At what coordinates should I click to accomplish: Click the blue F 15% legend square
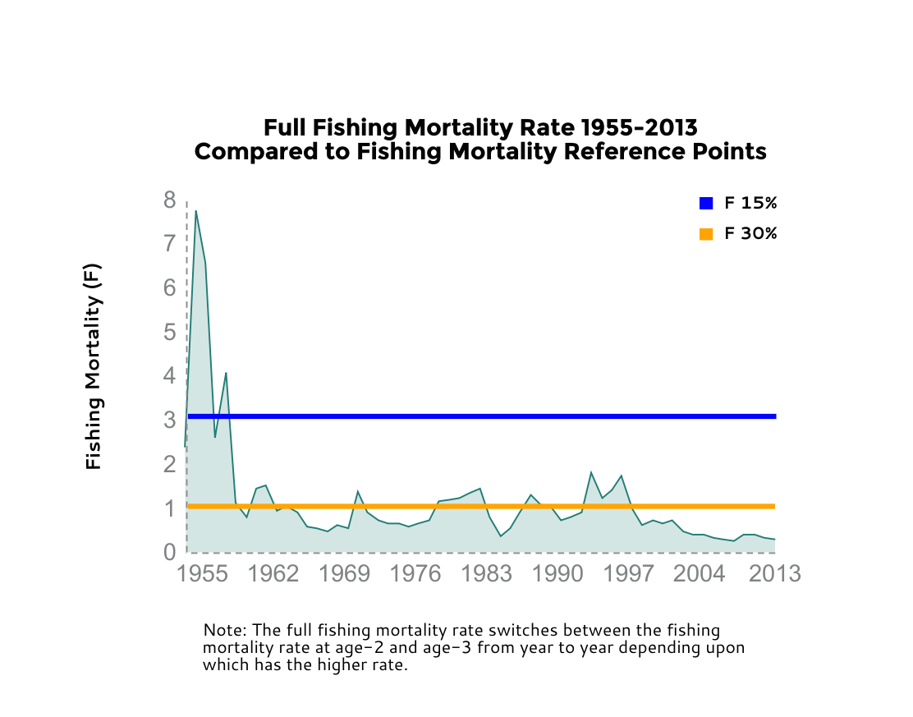706,204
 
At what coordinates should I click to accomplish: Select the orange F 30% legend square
706,234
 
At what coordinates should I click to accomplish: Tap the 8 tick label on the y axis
170,200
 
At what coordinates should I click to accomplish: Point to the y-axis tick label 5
170,332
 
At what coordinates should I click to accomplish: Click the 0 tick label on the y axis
170,552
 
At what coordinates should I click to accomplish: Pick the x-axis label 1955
202,573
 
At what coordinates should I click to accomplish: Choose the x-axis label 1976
415,573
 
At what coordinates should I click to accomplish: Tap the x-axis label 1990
557,573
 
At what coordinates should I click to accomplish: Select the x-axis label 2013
775,573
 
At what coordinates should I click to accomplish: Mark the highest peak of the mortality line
195,211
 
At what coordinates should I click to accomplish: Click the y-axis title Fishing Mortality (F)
94,366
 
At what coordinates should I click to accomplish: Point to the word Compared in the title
250,152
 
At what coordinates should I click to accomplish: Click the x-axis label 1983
487,573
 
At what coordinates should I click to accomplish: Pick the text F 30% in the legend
750,234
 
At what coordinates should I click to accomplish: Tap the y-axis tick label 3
170,420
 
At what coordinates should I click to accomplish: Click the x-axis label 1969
345,573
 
